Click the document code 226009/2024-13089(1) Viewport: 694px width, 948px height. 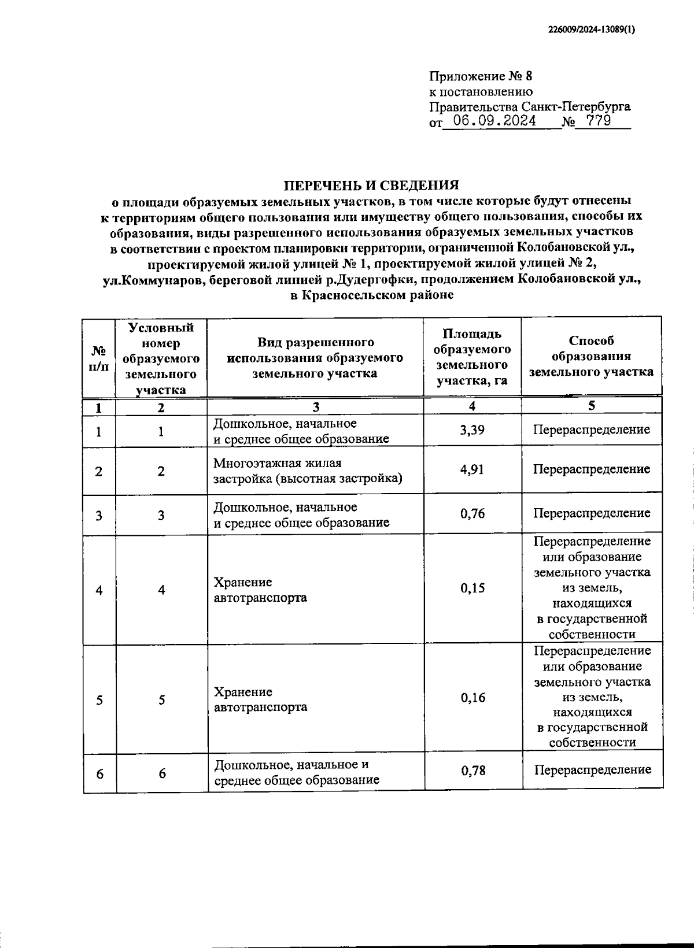[x=591, y=31]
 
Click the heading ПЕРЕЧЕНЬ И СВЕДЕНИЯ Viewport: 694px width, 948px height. [x=371, y=185]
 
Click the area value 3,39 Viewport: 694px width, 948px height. [x=472, y=430]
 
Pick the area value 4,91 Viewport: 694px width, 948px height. [x=472, y=469]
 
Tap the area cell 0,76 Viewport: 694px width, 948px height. [x=472, y=513]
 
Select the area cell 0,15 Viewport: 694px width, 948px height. [x=472, y=588]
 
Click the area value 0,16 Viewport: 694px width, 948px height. [x=472, y=698]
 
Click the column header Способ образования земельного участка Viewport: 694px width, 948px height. [x=591, y=356]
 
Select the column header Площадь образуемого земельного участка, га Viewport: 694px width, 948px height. [x=472, y=357]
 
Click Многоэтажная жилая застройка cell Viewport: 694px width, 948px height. [x=307, y=471]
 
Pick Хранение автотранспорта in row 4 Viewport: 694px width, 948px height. [x=260, y=590]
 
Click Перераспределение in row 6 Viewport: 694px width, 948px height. [x=592, y=770]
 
